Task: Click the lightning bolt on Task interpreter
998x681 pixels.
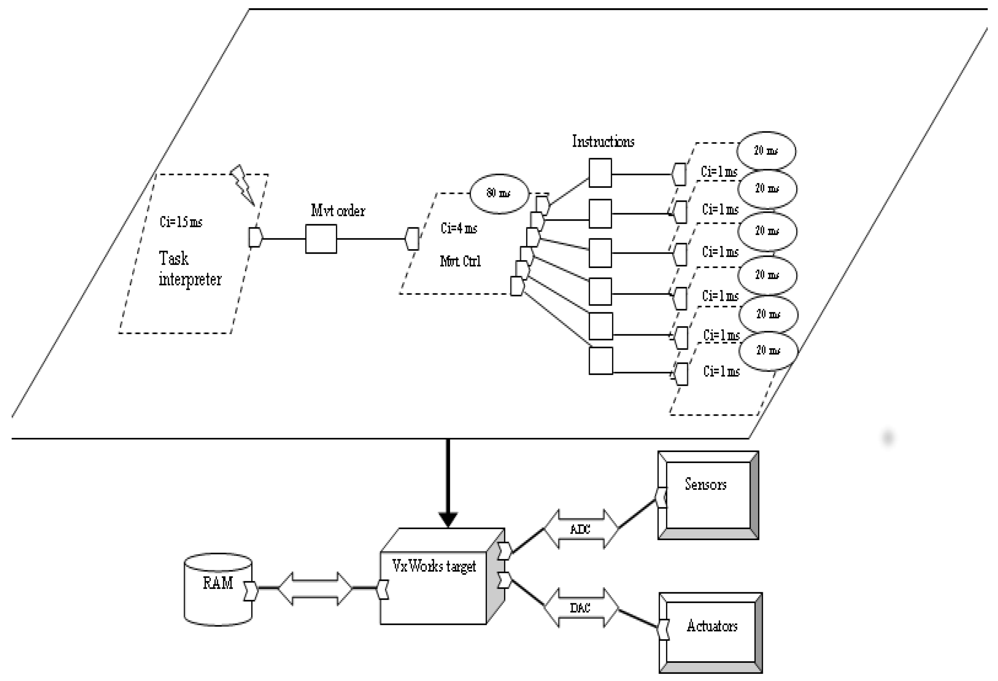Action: [x=243, y=185]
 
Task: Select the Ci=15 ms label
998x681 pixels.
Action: [x=181, y=221]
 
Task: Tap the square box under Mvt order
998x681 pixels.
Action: [x=321, y=239]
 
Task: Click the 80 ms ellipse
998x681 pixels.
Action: [x=499, y=194]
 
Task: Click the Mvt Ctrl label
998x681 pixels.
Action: [x=460, y=261]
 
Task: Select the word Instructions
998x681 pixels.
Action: [x=603, y=141]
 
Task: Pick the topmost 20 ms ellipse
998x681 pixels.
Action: [x=766, y=151]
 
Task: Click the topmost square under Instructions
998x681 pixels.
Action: [x=600, y=173]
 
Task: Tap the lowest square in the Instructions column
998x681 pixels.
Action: [x=600, y=361]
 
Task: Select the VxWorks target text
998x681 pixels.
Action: [x=434, y=566]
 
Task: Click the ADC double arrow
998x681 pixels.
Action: [x=581, y=529]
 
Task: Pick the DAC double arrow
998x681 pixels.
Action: [x=581, y=608]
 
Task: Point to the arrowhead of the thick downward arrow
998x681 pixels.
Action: [x=448, y=520]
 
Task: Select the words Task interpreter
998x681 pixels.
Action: [x=190, y=269]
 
